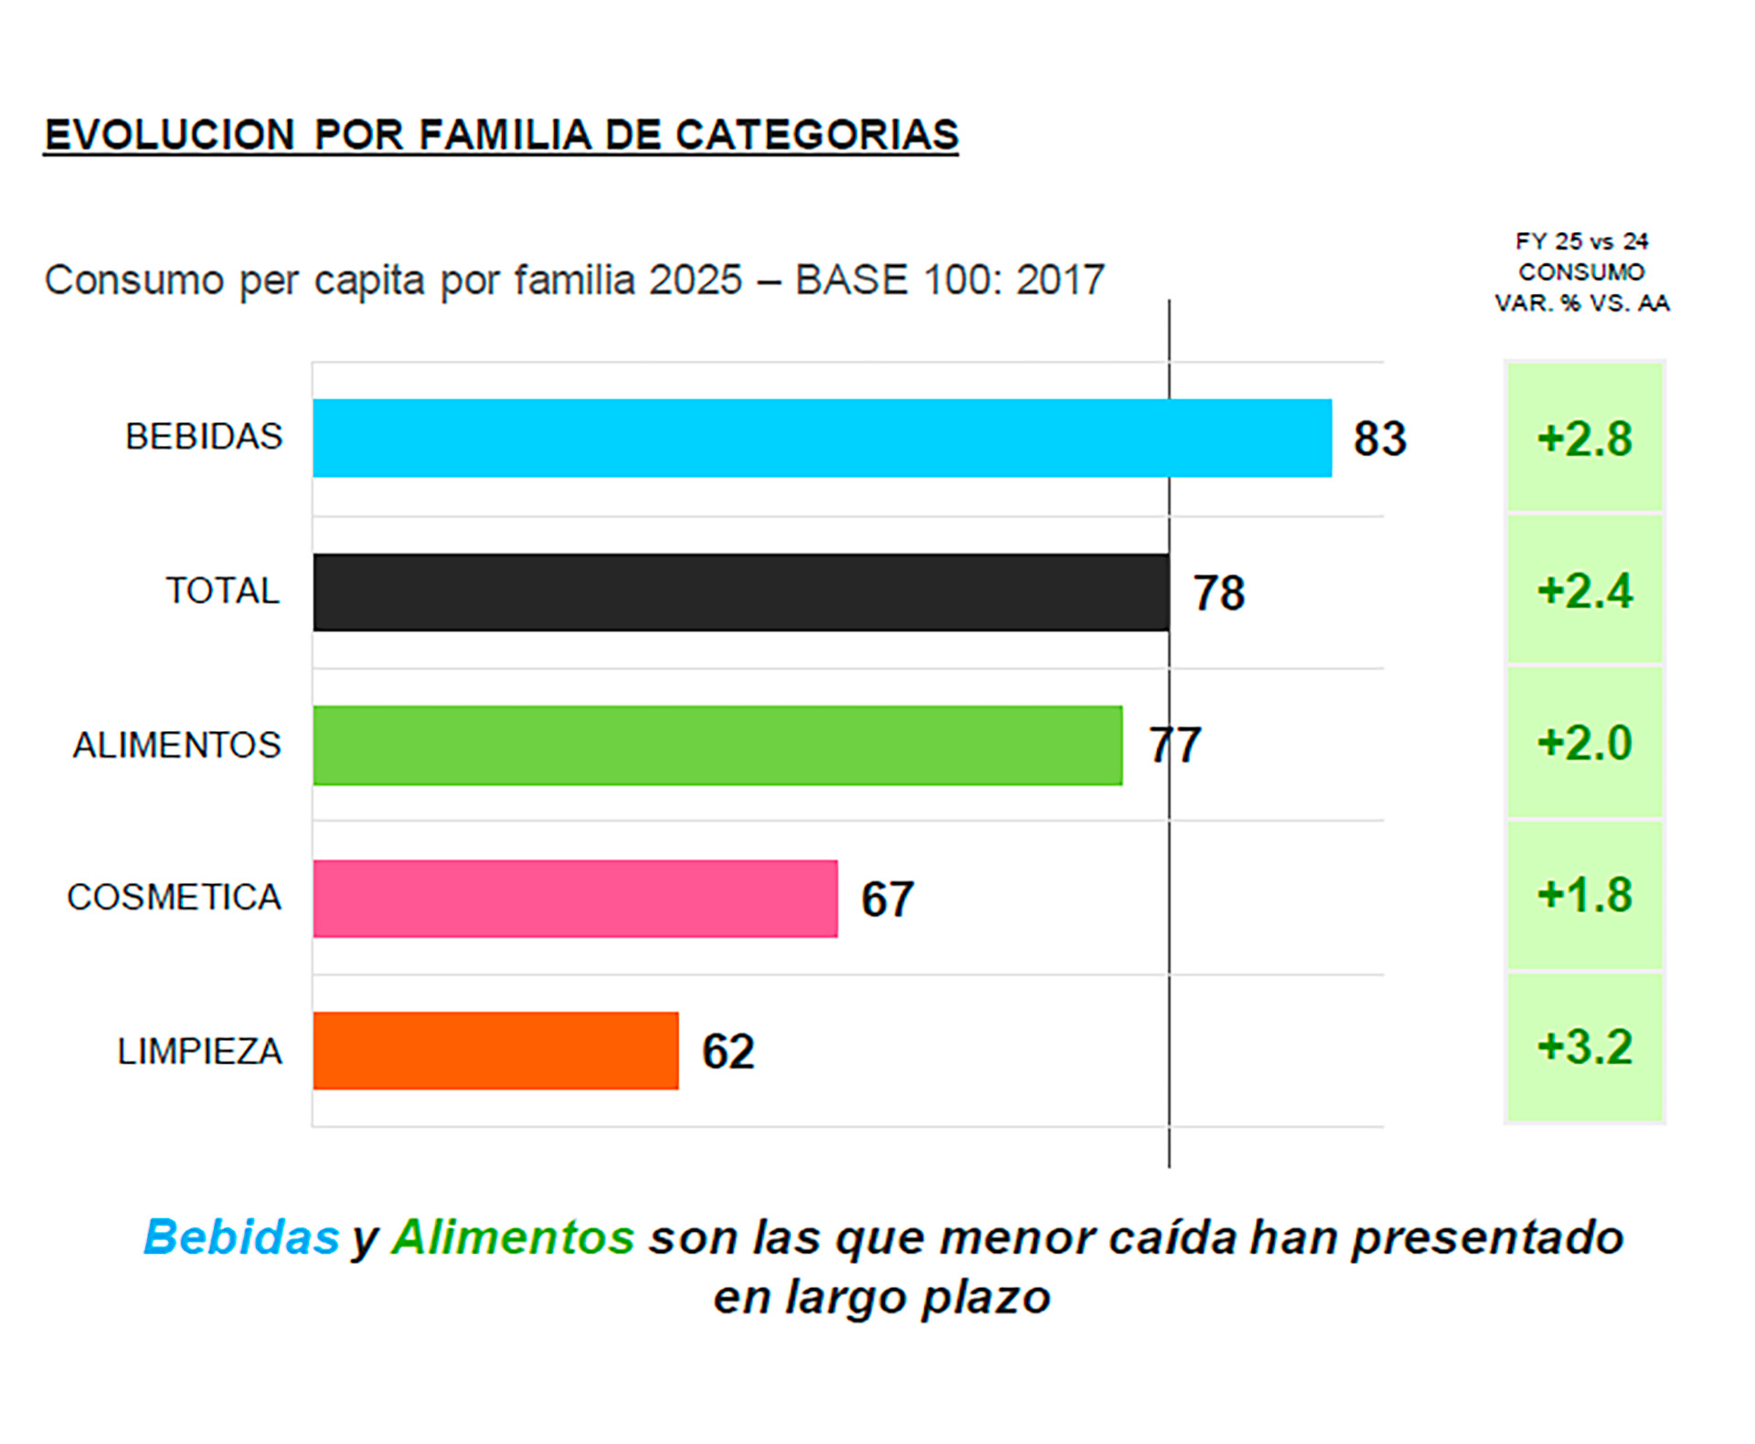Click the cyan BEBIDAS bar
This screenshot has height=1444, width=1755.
tap(822, 438)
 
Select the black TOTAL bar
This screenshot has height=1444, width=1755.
tap(740, 592)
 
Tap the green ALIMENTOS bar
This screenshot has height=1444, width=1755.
tap(718, 745)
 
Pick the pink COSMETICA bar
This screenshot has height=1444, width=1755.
tap(575, 898)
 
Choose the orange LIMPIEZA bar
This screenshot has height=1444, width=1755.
tap(495, 1051)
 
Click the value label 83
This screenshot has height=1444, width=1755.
tap(1379, 439)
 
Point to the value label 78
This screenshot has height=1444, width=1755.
tap(1218, 593)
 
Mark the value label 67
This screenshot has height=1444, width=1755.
tap(887, 899)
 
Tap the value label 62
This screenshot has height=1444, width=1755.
tap(728, 1052)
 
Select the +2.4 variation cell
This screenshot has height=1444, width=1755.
tap(1584, 590)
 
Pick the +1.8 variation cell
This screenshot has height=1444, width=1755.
tap(1584, 895)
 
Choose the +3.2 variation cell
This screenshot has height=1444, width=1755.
tap(1584, 1047)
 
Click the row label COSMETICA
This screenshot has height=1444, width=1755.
tap(174, 897)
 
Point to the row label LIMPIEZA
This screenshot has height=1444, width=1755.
tap(199, 1052)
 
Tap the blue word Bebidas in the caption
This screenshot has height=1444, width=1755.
tap(242, 1237)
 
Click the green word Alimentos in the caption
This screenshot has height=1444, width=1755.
tap(513, 1237)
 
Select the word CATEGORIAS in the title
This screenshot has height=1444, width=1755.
tap(816, 135)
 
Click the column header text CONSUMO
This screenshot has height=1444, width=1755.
tap(1581, 272)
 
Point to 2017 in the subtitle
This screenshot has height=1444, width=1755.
tap(1060, 280)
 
